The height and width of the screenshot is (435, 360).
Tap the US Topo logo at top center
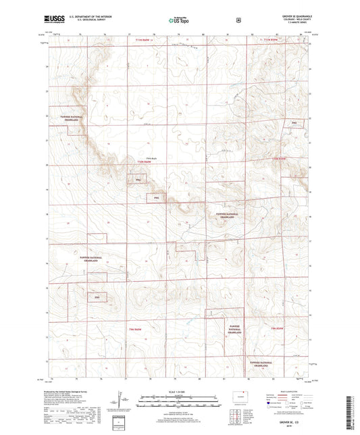179,21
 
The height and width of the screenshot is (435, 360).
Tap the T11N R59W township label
270,41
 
